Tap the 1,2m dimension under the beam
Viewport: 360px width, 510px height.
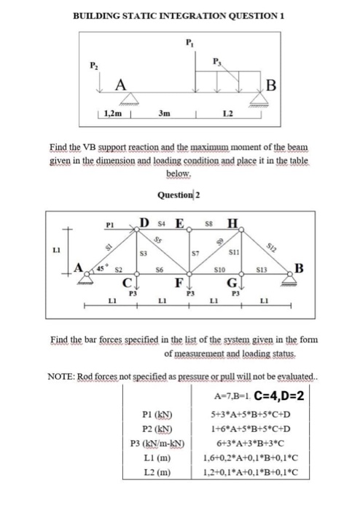pos(112,114)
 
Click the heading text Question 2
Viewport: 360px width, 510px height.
pos(179,195)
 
